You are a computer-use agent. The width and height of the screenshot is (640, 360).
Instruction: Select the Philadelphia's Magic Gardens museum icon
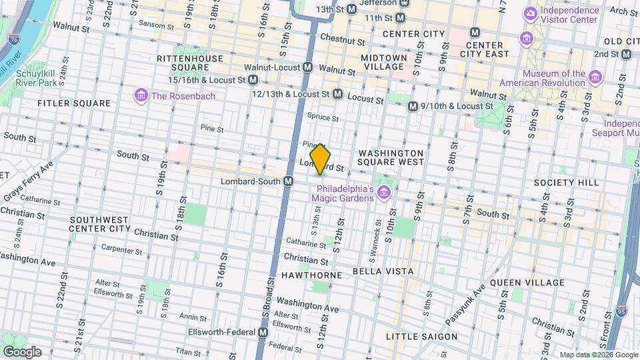tap(383, 193)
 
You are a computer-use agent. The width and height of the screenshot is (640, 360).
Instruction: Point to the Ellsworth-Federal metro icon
tap(263, 332)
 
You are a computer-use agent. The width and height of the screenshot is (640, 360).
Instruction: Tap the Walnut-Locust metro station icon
tap(308, 67)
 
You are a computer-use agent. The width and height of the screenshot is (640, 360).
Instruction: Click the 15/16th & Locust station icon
tap(253, 80)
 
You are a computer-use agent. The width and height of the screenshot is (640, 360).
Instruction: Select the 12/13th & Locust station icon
tap(337, 95)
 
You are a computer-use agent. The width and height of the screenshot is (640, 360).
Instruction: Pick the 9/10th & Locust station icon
tap(413, 106)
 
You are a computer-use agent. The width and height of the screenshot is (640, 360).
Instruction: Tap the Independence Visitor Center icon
tap(531, 13)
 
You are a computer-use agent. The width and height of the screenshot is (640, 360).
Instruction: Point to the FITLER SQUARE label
tap(74, 103)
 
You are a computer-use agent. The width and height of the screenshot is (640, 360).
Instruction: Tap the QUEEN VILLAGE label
tap(527, 283)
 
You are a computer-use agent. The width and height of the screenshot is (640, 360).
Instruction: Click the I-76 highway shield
tap(14, 40)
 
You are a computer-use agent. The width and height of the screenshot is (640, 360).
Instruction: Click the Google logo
tap(22, 351)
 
